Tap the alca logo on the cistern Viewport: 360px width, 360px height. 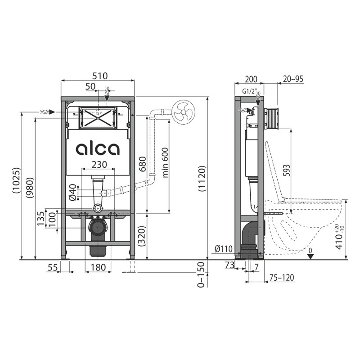[x=98, y=149]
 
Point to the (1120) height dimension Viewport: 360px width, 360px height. [x=202, y=179]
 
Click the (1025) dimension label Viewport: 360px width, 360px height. [x=17, y=181]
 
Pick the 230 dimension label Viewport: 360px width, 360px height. [x=99, y=164]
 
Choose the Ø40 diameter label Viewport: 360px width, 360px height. [x=73, y=193]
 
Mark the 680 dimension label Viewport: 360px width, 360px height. [x=142, y=164]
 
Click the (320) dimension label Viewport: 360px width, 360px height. [x=142, y=237]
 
